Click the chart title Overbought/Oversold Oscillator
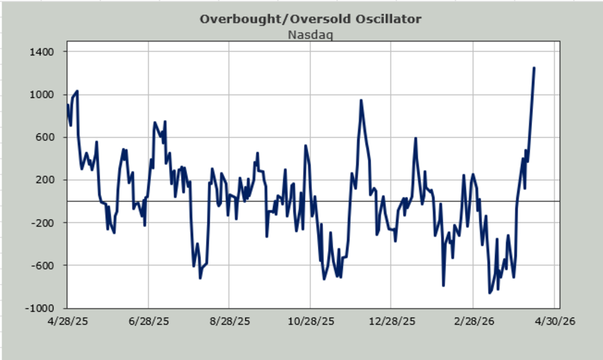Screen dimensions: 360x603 pos(310,19)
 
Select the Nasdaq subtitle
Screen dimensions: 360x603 pos(310,35)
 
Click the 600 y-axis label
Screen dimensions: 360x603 pos(50,137)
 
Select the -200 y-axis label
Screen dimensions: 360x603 pos(48,222)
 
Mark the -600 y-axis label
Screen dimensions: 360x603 pos(48,265)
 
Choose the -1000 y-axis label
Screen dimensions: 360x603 pos(46,308)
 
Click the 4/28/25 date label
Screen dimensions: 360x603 pos(67,322)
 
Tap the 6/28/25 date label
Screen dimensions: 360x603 pos(148,322)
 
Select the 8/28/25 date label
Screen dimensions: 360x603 pos(229,322)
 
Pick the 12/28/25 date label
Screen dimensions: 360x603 pos(391,322)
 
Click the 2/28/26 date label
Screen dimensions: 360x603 pos(472,322)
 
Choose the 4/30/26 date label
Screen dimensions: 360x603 pos(554,322)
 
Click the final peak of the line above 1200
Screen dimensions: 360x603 pos(534,68)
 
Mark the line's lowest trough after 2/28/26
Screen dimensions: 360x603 pos(489,293)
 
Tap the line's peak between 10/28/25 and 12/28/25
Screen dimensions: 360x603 pos(361,100)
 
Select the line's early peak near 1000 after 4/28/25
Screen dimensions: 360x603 pos(77,91)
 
